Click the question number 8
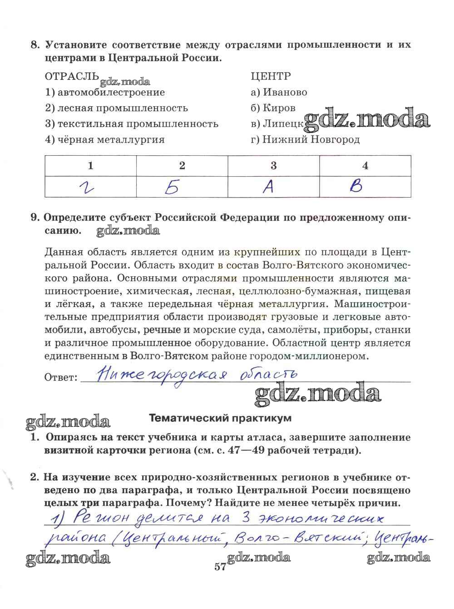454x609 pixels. pos(35,45)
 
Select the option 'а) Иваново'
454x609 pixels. pos(279,92)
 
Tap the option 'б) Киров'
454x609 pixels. pos(273,108)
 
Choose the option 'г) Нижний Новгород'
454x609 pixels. pos(305,139)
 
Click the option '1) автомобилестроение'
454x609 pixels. pos(105,92)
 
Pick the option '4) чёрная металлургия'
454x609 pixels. pos(105,139)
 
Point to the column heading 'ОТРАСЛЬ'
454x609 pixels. pos(72,76)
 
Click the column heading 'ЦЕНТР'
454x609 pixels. pos(271,76)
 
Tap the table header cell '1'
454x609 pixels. pos(91,165)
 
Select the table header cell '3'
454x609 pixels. pos(273,165)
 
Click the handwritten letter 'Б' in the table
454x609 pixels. pos(173,187)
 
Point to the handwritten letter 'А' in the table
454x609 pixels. pos(269,187)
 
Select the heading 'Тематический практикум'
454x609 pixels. pos(221,418)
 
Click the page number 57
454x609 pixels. pos(221,567)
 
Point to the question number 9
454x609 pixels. pos(35,217)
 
